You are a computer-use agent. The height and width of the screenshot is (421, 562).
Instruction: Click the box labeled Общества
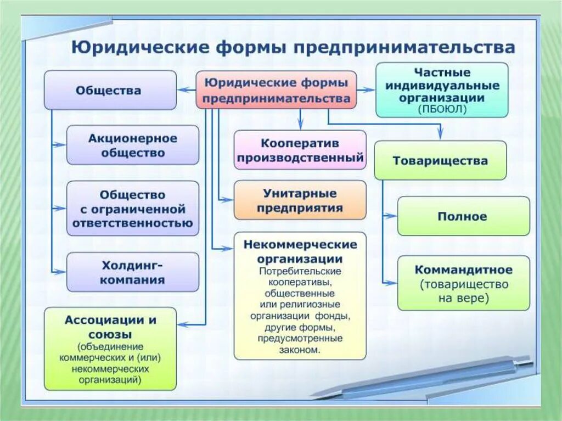tap(110, 89)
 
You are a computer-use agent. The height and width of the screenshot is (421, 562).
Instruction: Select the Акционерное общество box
tap(133, 145)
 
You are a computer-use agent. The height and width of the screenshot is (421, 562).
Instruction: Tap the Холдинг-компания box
tap(133, 272)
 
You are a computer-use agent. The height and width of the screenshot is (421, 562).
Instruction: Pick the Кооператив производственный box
tap(300, 150)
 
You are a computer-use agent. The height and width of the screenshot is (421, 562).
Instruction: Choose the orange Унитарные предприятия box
tap(300, 200)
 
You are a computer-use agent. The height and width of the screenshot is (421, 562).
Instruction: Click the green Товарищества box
tap(440, 160)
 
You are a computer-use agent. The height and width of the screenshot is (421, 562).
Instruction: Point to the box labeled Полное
tap(463, 216)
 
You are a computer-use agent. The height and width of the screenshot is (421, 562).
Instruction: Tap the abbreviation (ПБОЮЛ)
tap(442, 109)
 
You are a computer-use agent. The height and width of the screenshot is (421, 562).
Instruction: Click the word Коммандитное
tap(464, 270)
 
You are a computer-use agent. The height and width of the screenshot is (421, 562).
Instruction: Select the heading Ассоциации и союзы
tap(110, 326)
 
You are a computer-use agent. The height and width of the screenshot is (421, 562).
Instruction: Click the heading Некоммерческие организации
tap(300, 251)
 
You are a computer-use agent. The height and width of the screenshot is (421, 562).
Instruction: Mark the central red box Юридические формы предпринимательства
tap(277, 90)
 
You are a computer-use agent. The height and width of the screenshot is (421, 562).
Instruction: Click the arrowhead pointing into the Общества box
tap(182, 89)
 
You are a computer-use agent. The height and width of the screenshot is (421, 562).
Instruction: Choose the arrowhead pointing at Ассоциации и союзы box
tap(182, 325)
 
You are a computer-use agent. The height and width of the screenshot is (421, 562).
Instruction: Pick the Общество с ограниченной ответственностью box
tap(133, 209)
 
